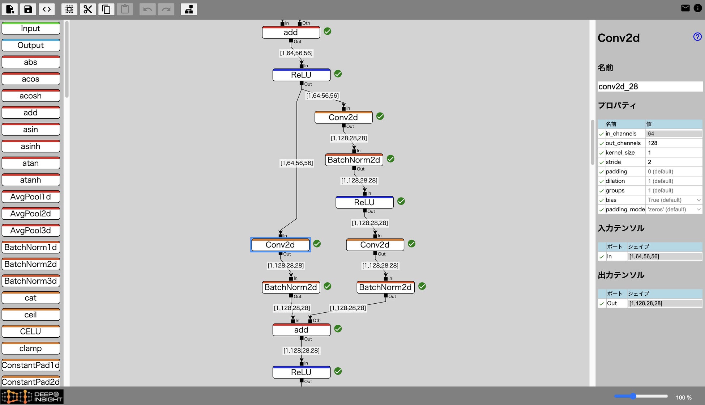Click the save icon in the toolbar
coord(28,9)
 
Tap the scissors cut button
coord(87,9)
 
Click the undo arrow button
coord(147,9)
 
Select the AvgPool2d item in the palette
coord(31,214)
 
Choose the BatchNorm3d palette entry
coord(31,281)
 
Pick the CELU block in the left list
coord(31,332)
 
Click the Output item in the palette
coord(31,45)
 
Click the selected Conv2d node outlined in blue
coord(280,245)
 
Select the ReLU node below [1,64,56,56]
coord(301,75)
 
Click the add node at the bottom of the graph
coord(301,330)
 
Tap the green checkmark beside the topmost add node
coord(328,31)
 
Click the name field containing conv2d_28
coord(650,87)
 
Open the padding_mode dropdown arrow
coord(698,210)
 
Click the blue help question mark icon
coord(697,37)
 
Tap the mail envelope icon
coord(685,8)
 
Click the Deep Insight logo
coord(32,397)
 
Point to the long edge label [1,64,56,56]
coord(296,163)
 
